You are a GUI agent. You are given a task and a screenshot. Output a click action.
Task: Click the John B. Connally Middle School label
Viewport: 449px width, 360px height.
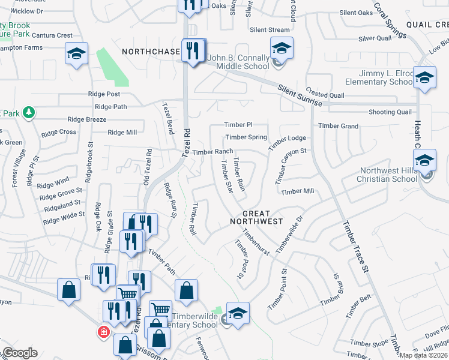click(x=238, y=62)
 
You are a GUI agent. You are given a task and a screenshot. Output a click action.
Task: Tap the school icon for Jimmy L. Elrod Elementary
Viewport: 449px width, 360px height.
click(x=424, y=77)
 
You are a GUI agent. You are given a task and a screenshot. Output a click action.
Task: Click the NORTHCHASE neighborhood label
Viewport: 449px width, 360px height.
click(x=151, y=52)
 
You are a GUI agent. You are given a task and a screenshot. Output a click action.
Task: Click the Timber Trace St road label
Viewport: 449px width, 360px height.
click(x=354, y=247)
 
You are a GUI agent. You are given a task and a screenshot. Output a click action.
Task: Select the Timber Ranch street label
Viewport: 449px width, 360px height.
click(x=212, y=152)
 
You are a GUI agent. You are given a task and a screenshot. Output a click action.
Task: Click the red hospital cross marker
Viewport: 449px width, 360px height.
click(x=104, y=331)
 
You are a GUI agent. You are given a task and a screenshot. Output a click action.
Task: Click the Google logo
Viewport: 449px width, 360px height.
click(x=19, y=353)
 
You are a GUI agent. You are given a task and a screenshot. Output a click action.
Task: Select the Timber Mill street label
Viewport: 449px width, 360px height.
click(x=298, y=191)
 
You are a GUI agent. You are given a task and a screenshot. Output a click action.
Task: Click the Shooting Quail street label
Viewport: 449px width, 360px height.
click(x=390, y=112)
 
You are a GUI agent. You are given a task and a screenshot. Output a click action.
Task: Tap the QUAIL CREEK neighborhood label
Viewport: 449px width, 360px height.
click(x=427, y=25)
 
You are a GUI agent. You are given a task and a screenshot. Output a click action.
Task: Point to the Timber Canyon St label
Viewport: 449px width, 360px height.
click(x=291, y=166)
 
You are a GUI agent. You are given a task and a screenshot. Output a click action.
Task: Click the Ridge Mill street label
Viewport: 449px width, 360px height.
click(x=122, y=133)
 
